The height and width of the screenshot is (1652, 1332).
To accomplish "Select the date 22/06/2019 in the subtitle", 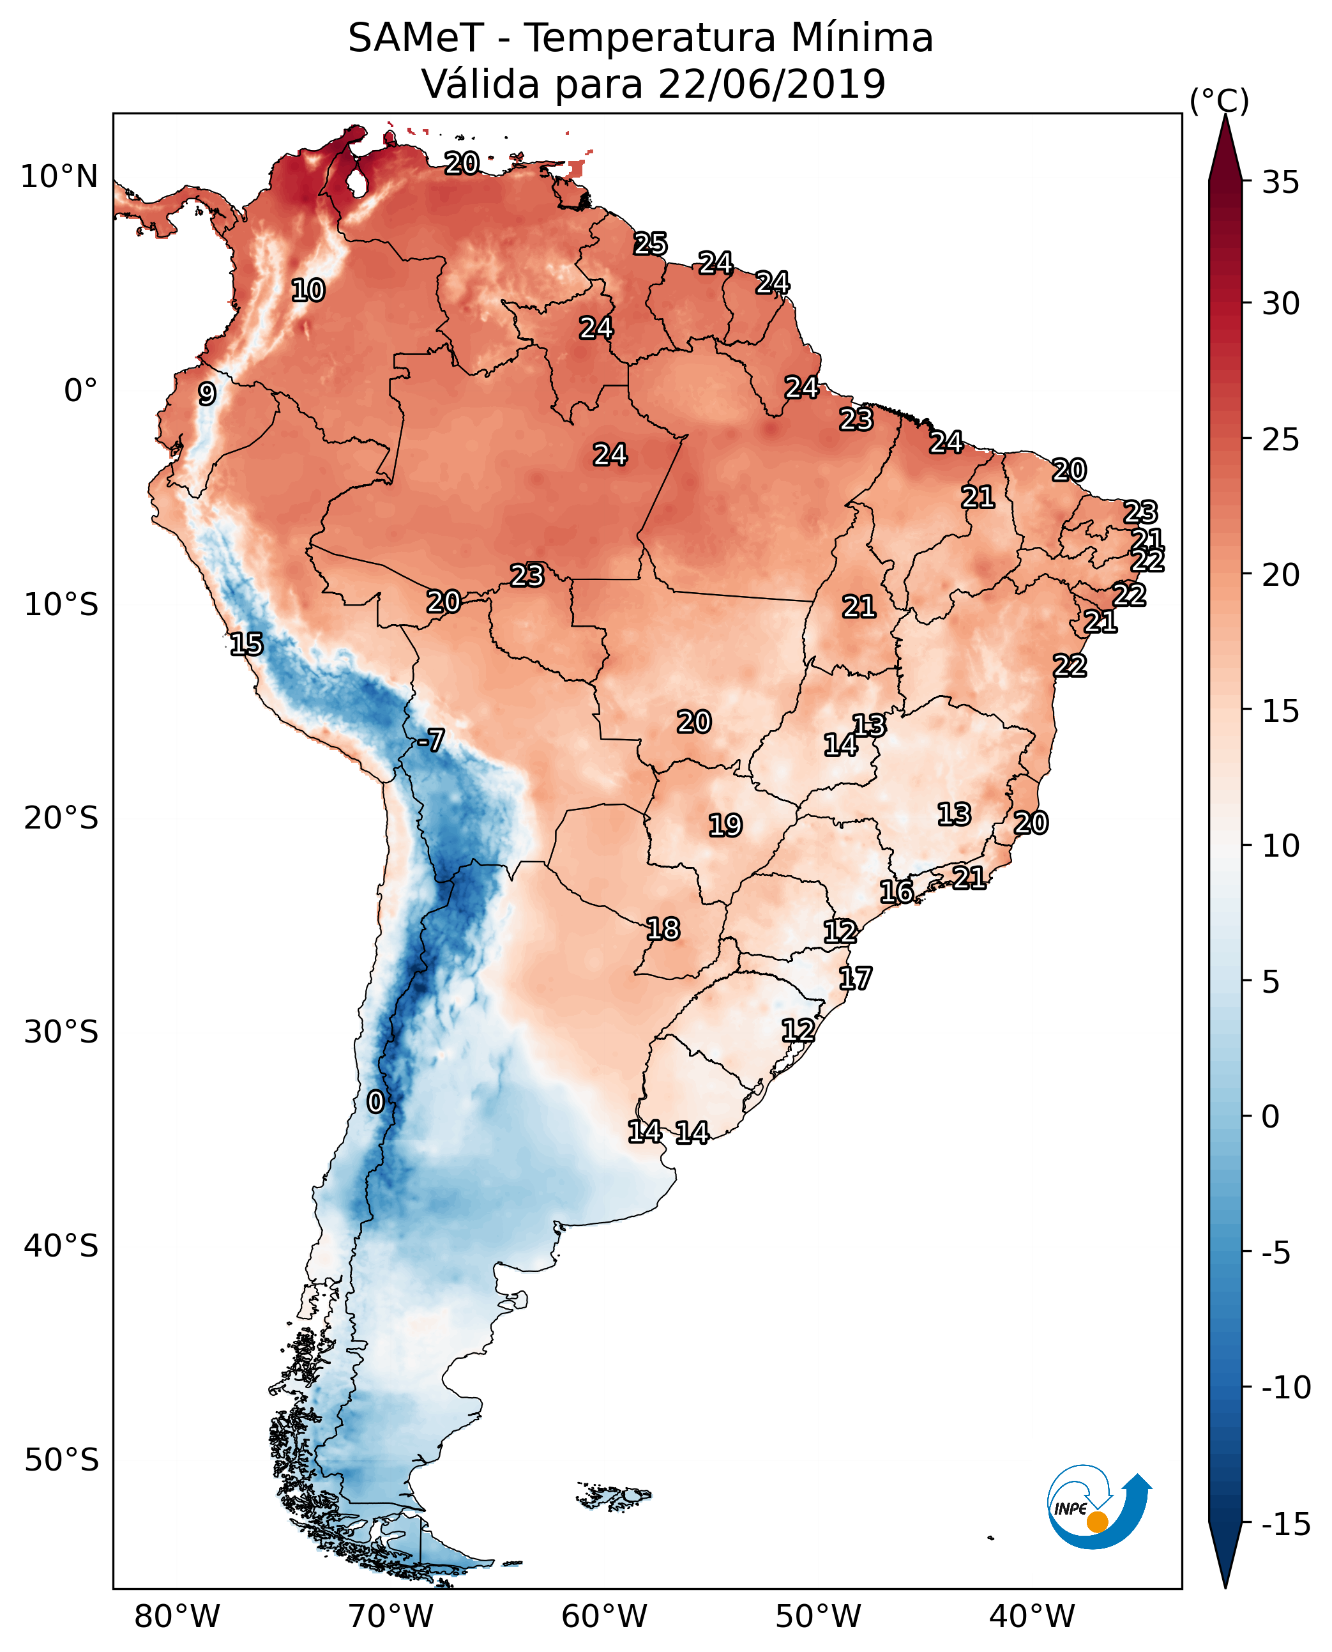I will (x=771, y=84).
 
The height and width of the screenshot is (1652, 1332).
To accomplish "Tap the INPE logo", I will (x=1099, y=1507).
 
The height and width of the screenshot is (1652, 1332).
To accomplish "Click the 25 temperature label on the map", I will (x=650, y=244).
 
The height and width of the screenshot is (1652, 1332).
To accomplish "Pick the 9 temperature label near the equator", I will (x=207, y=394).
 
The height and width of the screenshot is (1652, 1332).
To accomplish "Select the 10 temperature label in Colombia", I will (x=308, y=291).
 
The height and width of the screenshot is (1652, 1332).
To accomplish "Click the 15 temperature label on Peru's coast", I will (x=246, y=644).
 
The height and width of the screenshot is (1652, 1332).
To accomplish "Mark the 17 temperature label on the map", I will (x=855, y=979).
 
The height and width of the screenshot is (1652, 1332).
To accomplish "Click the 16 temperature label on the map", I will (x=896, y=892).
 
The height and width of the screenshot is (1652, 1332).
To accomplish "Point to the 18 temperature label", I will (x=663, y=929).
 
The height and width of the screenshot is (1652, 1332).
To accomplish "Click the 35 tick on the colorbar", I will (x=1280, y=183).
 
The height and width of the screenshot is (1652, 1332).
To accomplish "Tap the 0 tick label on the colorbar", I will (x=1271, y=1117).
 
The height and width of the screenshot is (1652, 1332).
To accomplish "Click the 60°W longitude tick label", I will (x=604, y=1617).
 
